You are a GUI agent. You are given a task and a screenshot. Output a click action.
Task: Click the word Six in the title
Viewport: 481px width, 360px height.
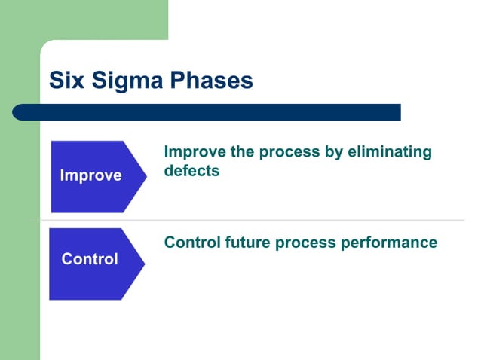point(66,81)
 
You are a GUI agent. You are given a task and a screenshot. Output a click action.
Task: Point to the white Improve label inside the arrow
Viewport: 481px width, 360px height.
point(90,176)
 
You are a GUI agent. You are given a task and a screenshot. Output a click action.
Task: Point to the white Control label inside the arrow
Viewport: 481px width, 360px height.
point(90,259)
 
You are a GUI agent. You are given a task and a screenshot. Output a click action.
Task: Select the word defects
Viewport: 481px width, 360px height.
point(191,171)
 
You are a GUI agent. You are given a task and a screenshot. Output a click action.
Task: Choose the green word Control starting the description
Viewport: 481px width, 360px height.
point(191,243)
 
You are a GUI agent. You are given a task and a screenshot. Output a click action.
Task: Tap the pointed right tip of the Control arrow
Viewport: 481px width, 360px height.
point(143,264)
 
